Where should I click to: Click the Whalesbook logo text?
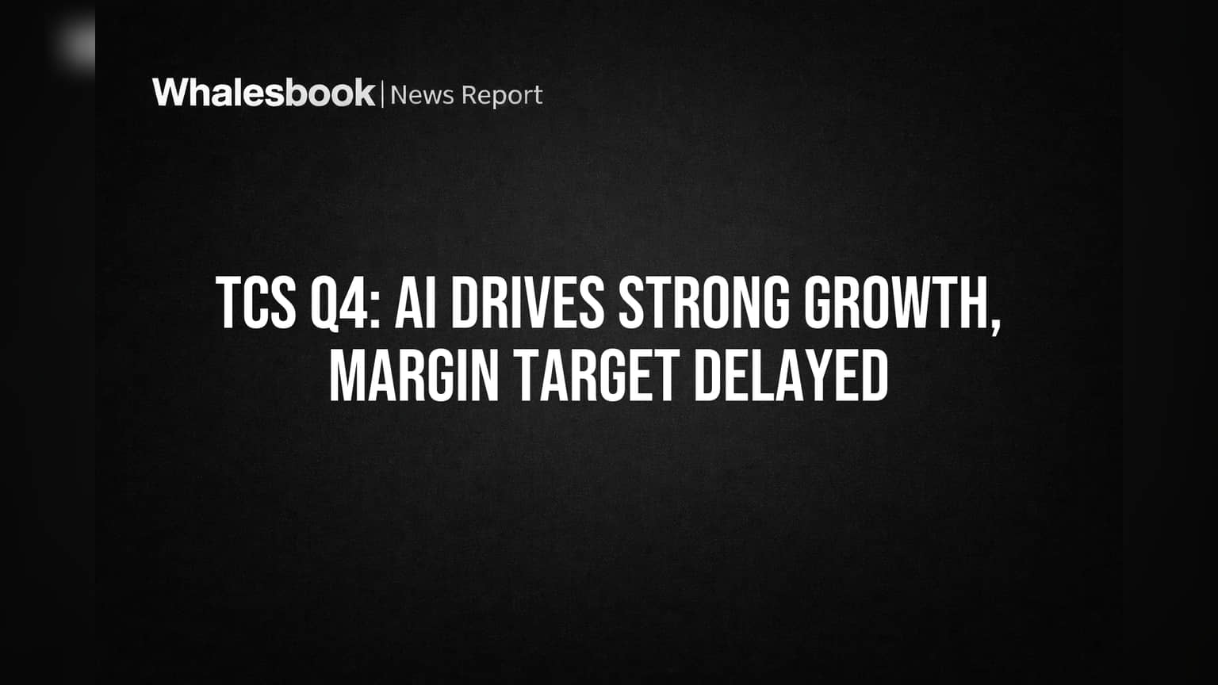(x=264, y=93)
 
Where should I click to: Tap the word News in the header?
(x=422, y=95)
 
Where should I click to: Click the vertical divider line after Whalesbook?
(x=383, y=94)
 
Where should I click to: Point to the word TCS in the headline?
(x=256, y=302)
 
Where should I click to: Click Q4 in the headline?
(x=339, y=303)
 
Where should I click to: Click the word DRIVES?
(x=527, y=302)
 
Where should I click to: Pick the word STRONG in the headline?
(x=704, y=302)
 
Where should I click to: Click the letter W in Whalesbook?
(x=174, y=93)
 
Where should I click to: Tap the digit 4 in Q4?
(x=354, y=302)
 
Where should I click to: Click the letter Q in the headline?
(x=324, y=304)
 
